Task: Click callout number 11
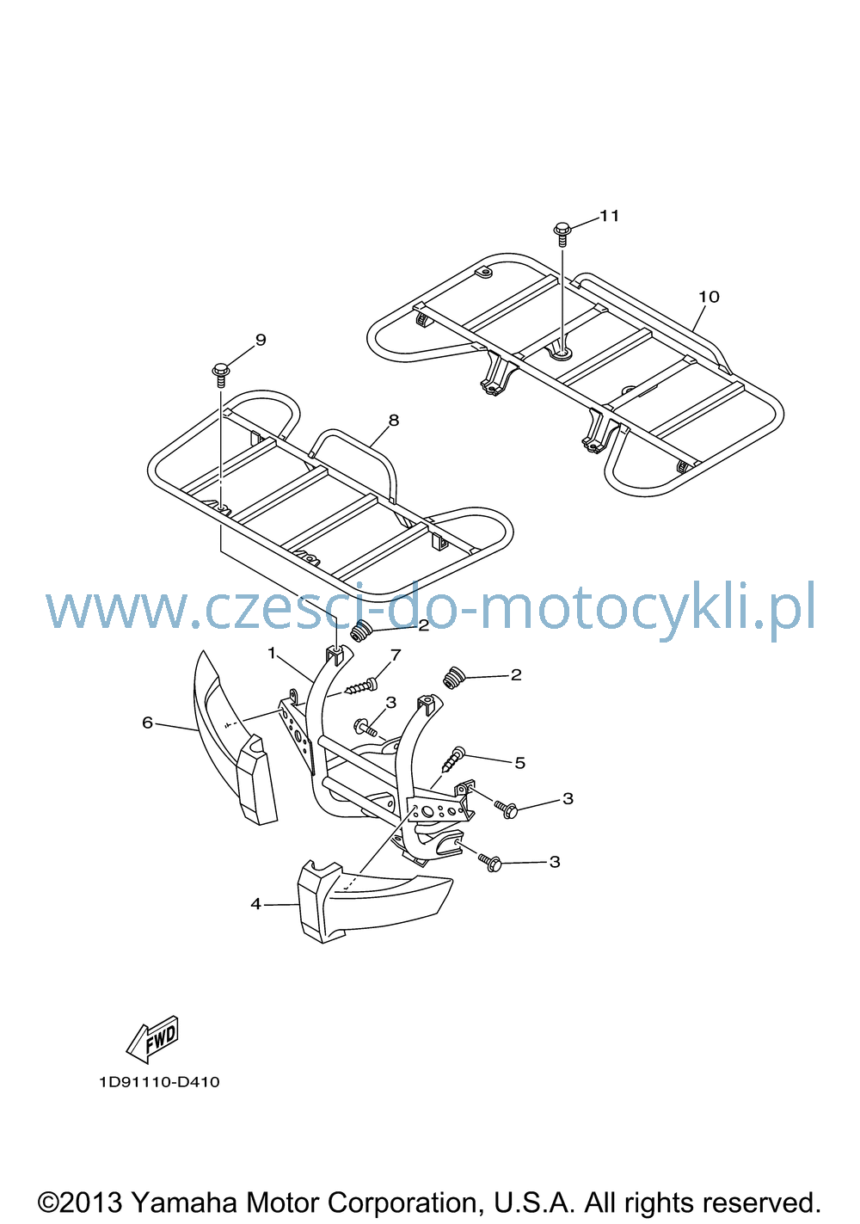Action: [609, 216]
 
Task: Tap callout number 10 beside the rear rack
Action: [709, 297]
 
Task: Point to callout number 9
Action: [261, 340]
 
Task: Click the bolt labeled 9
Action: [221, 375]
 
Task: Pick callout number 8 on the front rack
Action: [393, 421]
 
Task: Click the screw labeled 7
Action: [361, 686]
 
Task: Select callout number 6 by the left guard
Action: [148, 723]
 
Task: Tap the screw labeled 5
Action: [456, 759]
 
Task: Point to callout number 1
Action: [272, 653]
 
